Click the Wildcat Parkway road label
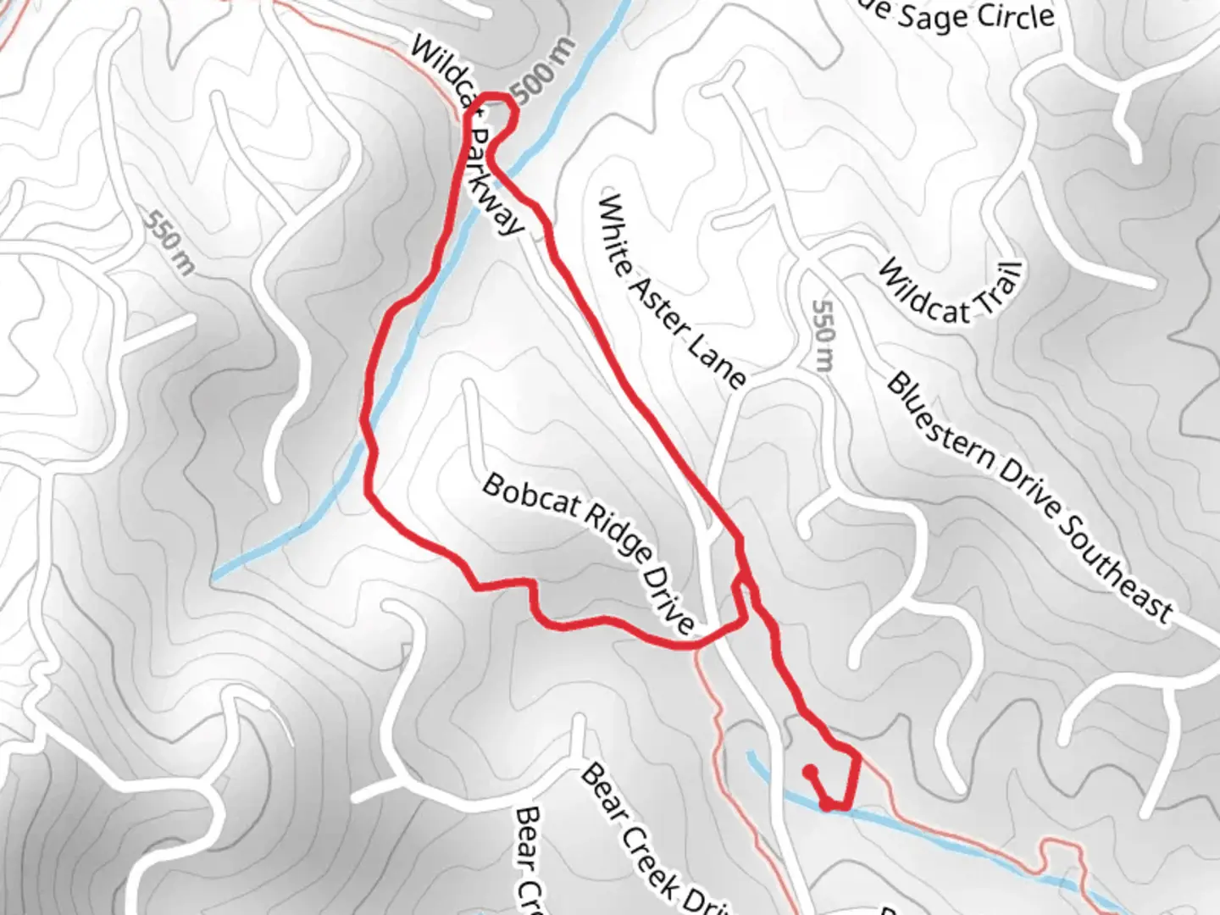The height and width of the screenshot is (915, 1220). tap(467, 136)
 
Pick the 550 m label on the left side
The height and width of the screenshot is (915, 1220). tap(169, 241)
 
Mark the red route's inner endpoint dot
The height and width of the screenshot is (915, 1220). tap(810, 771)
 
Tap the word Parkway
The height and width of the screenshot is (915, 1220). tap(496, 182)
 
